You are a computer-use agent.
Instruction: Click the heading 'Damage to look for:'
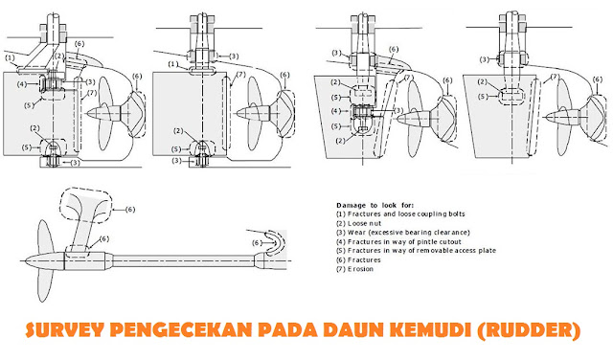click(376, 205)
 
